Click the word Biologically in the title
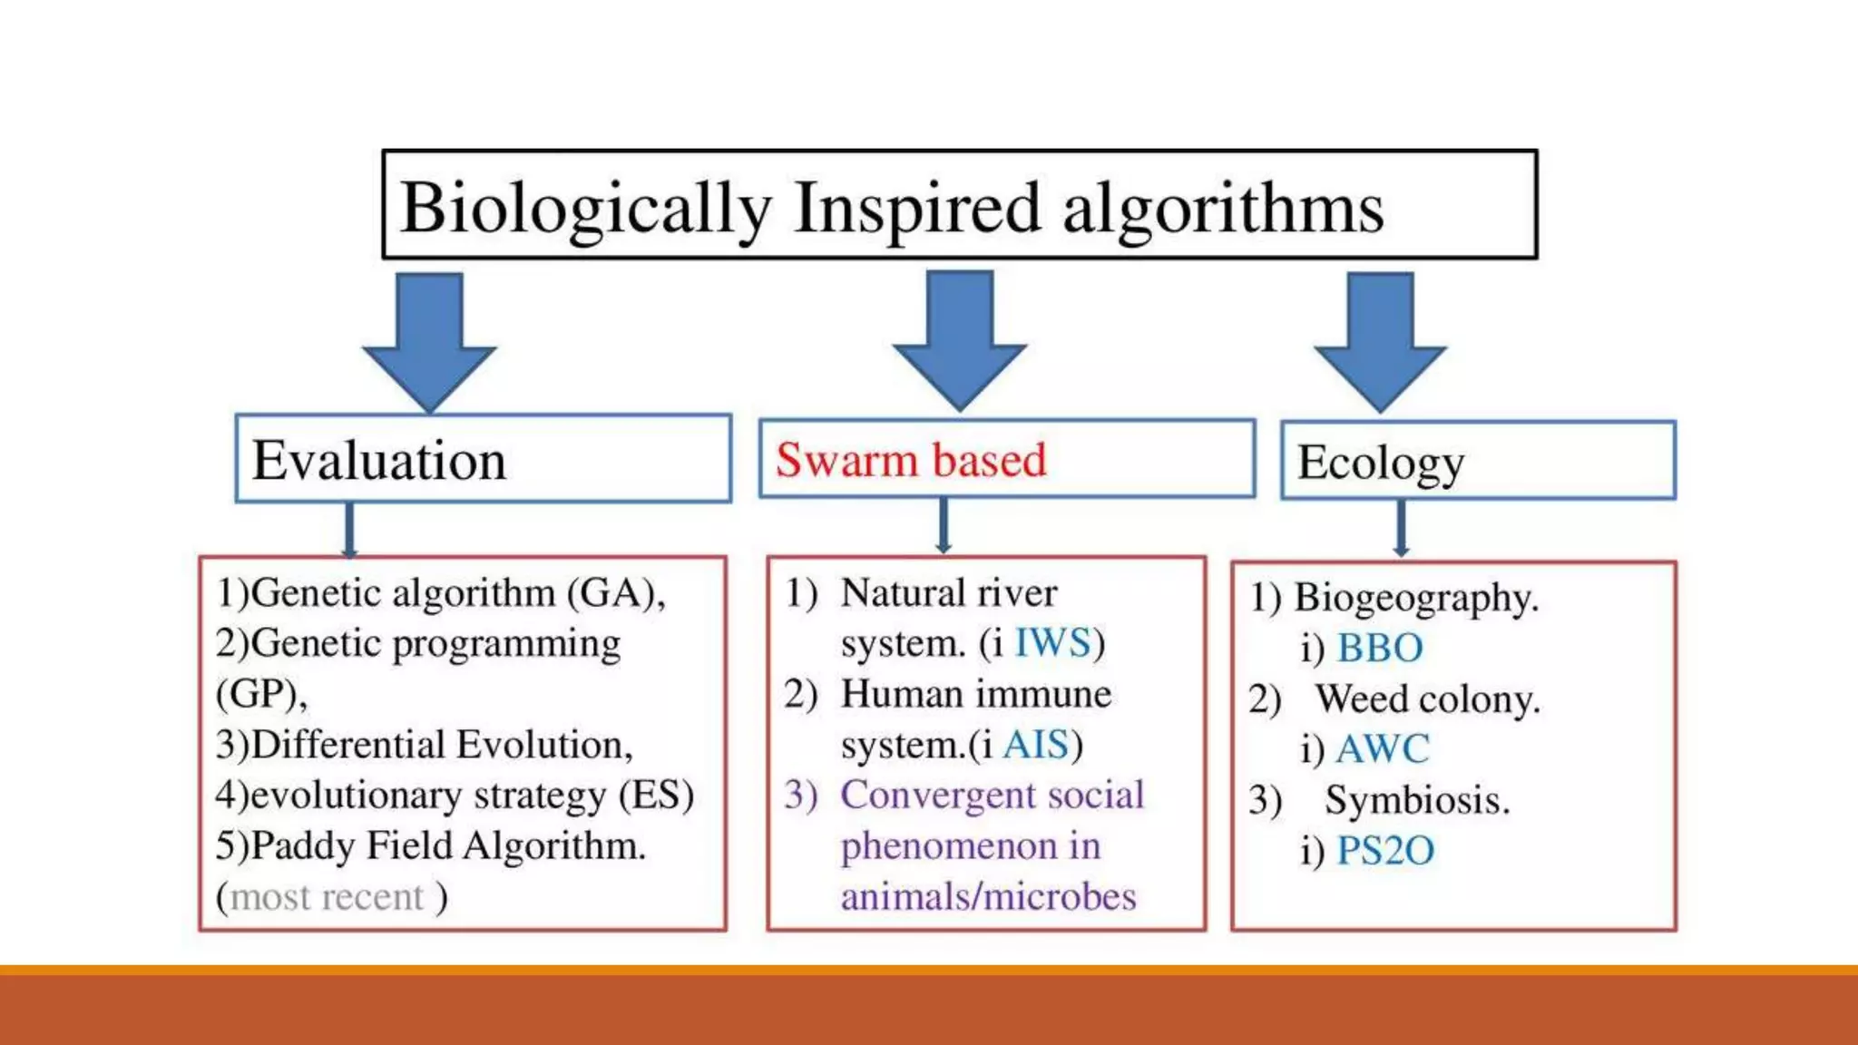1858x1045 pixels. tap(585, 209)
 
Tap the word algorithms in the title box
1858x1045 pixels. tap(1222, 209)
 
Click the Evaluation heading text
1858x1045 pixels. tap(378, 460)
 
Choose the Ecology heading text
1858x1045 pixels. tap(1380, 463)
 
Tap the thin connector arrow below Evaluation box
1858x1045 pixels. tap(349, 530)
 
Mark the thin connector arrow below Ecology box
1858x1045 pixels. tap(1401, 529)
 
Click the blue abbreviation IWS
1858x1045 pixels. tap(1052, 643)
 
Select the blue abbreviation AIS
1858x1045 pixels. tap(1036, 745)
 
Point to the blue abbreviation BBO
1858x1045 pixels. tap(1379, 649)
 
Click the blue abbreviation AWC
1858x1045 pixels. tap(1382, 749)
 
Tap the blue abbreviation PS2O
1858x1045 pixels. tap(1384, 851)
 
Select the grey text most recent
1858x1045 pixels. tap(327, 897)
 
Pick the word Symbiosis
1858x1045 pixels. tap(1417, 800)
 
